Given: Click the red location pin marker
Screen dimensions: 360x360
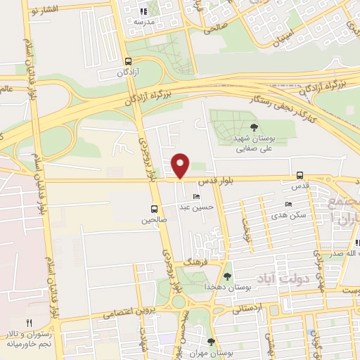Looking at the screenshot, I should [x=181, y=165].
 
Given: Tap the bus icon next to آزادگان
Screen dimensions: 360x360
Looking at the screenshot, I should [x=127, y=61].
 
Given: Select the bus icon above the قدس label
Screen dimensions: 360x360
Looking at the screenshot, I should [x=300, y=175].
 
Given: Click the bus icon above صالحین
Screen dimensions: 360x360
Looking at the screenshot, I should [x=154, y=209].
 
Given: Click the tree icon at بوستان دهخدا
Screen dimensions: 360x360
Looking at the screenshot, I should [x=227, y=276].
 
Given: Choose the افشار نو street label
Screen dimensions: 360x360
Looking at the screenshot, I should [x=49, y=13].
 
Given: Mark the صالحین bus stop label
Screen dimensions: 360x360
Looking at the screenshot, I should [x=154, y=221].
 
